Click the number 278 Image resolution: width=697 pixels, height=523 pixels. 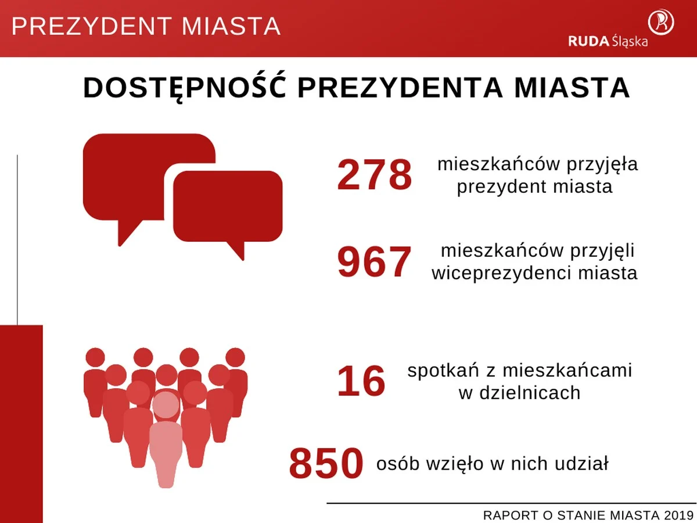(375, 175)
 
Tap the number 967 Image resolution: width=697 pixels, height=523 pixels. (375, 263)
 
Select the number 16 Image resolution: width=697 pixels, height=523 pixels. (361, 382)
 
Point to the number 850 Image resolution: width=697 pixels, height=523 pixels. (326, 464)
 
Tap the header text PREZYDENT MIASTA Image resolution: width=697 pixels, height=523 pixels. (146, 27)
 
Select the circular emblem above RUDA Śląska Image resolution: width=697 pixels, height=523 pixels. (661, 21)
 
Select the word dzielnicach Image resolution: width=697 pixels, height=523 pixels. (519, 393)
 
